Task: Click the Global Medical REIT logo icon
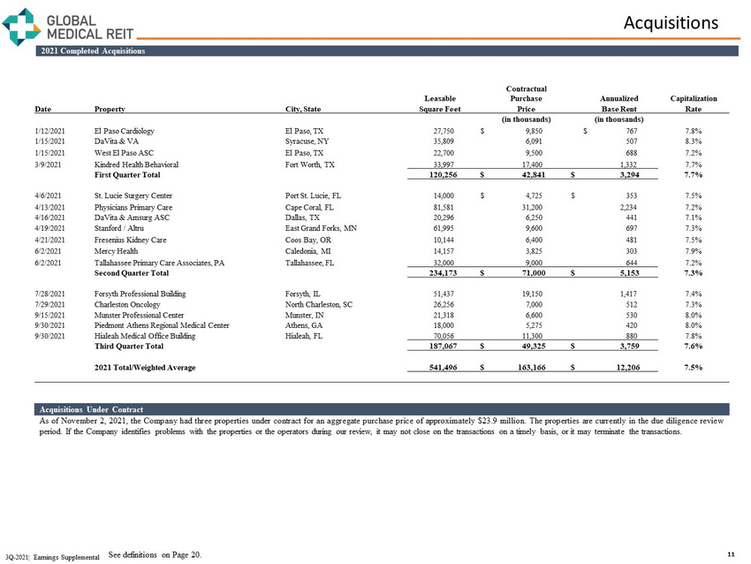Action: (x=20, y=25)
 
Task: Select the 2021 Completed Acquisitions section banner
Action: (x=93, y=50)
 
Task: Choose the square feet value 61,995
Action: (x=444, y=229)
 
